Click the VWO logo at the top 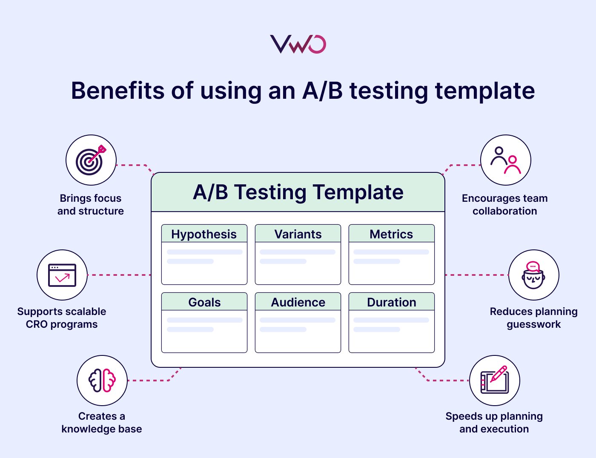point(298,44)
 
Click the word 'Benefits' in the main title point(117,91)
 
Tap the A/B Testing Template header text point(298,192)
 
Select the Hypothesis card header point(204,234)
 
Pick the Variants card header point(298,234)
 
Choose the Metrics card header point(391,234)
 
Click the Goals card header point(204,302)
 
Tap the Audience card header point(298,302)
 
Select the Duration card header point(391,302)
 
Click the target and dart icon point(91,160)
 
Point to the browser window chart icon point(62,275)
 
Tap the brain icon point(102,380)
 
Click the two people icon point(505,160)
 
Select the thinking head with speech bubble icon point(533,275)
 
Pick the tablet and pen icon point(494,380)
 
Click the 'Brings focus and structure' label point(91,205)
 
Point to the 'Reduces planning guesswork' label point(533,318)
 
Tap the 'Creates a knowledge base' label point(102,423)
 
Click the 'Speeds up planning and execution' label point(494,423)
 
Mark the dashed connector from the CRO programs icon point(119,275)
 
